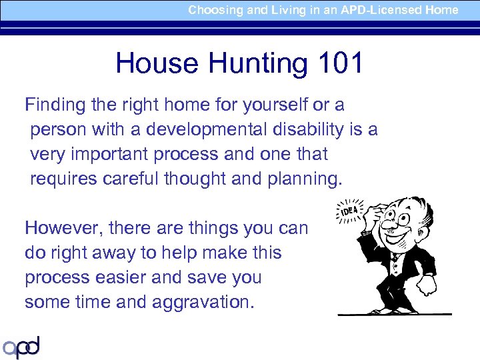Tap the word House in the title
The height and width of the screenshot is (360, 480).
tap(157, 64)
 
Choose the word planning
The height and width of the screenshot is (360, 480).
tap(304, 179)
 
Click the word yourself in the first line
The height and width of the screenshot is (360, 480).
tap(269, 105)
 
